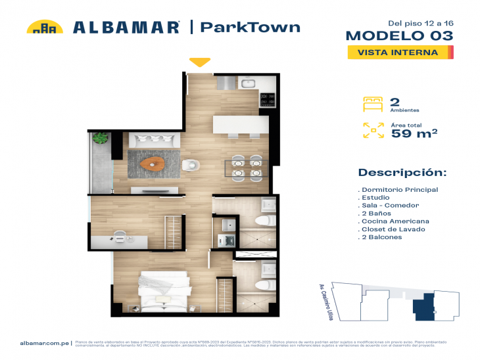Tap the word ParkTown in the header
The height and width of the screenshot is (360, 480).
pyautogui.click(x=250, y=27)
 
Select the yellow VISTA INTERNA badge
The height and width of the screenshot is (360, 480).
pyautogui.click(x=398, y=53)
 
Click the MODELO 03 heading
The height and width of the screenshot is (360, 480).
pyautogui.click(x=399, y=35)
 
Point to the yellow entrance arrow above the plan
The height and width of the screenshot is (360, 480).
pyautogui.click(x=200, y=63)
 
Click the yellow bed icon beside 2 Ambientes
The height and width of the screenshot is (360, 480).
pyautogui.click(x=372, y=103)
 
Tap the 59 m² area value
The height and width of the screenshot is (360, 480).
pyautogui.click(x=414, y=133)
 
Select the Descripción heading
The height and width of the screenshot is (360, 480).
pyautogui.click(x=402, y=173)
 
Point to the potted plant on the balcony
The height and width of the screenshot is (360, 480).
pyautogui.click(x=101, y=139)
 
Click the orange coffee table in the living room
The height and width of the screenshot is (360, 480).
pyautogui.click(x=156, y=162)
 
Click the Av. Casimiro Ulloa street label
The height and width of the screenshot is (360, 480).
pyautogui.click(x=324, y=298)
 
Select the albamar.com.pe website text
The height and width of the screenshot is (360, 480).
pyautogui.click(x=45, y=342)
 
